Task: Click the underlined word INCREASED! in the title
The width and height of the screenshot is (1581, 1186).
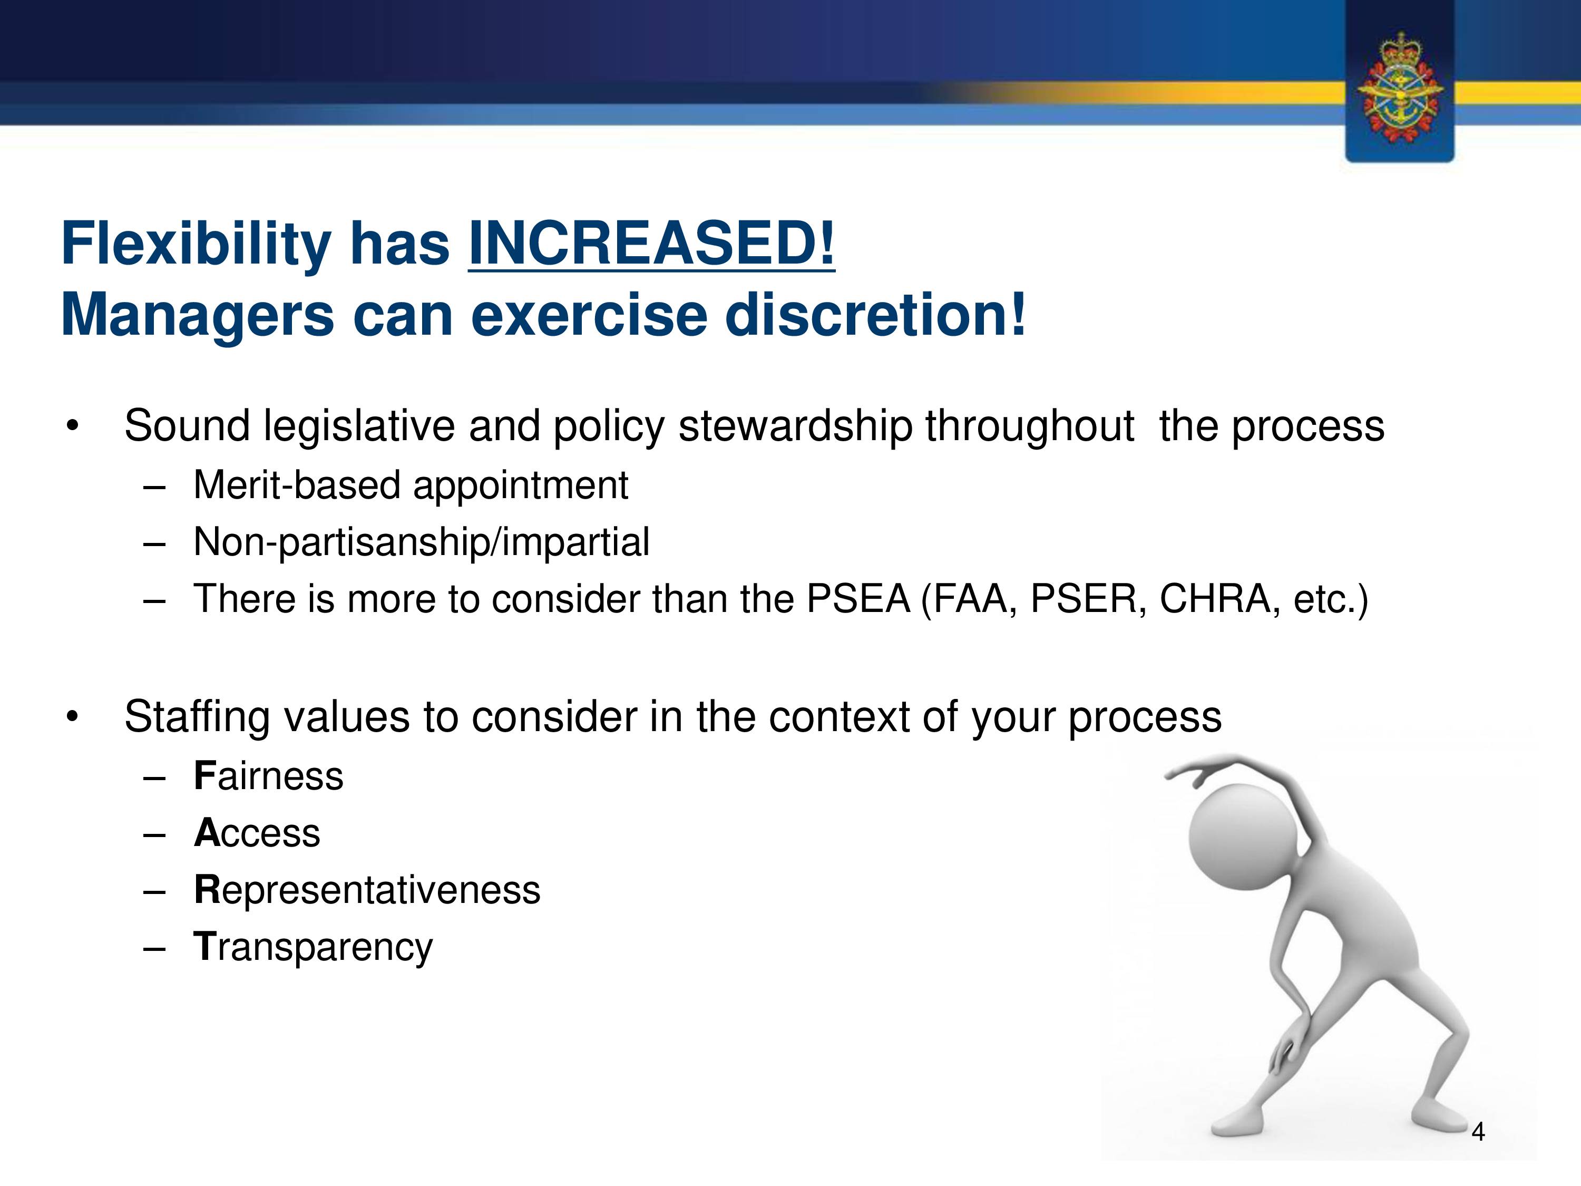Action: (x=651, y=244)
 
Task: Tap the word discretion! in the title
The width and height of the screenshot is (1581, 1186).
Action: (x=875, y=315)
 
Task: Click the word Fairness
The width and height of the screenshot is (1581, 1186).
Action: (x=269, y=776)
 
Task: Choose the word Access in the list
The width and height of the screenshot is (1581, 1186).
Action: (x=257, y=833)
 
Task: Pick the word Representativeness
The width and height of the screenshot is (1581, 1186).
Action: (x=367, y=890)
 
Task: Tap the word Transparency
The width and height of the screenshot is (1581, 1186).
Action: (x=313, y=947)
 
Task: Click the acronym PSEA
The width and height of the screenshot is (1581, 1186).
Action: (x=857, y=599)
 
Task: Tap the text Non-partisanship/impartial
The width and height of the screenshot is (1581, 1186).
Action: (x=422, y=542)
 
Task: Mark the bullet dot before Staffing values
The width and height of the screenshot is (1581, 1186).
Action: (x=72, y=717)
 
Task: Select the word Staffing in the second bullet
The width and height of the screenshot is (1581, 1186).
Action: (x=197, y=717)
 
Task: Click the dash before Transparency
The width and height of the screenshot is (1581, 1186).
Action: (x=154, y=949)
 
